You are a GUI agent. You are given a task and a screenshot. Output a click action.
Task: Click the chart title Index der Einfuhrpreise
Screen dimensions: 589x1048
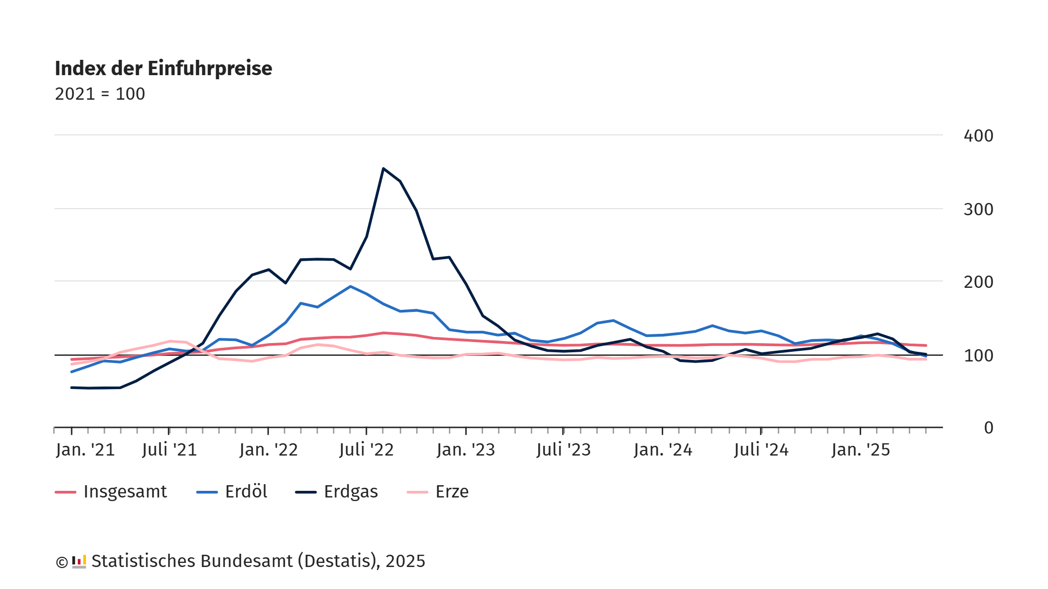tap(163, 69)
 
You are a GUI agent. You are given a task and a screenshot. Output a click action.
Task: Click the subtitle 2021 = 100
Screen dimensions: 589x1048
tap(100, 94)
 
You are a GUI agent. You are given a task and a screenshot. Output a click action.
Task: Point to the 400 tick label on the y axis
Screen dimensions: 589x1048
tap(978, 136)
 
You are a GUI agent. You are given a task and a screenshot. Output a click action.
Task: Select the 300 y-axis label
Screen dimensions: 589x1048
tap(978, 210)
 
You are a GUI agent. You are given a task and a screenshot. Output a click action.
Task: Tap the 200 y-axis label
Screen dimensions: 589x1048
tap(978, 282)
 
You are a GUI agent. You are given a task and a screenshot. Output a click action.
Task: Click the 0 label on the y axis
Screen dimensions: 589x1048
tap(988, 428)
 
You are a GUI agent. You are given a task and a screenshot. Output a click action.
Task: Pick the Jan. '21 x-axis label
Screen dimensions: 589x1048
tap(85, 450)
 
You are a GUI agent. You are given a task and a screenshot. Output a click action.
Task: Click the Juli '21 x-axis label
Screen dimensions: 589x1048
tap(169, 450)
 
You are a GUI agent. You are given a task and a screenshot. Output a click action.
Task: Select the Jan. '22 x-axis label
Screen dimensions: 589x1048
tap(269, 450)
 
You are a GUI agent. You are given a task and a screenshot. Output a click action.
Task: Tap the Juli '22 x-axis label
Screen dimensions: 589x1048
tap(366, 450)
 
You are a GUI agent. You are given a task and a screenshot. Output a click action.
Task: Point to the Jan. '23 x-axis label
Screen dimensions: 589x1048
tap(466, 450)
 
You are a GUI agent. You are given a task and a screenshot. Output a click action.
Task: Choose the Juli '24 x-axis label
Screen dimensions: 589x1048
tap(761, 450)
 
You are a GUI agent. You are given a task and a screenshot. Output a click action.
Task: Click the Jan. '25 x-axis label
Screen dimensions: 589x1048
tap(861, 450)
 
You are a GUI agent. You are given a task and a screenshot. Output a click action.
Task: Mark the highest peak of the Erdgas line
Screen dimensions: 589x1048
tap(383, 168)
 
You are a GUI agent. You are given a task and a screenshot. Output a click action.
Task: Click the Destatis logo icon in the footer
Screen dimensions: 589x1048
tap(79, 561)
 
